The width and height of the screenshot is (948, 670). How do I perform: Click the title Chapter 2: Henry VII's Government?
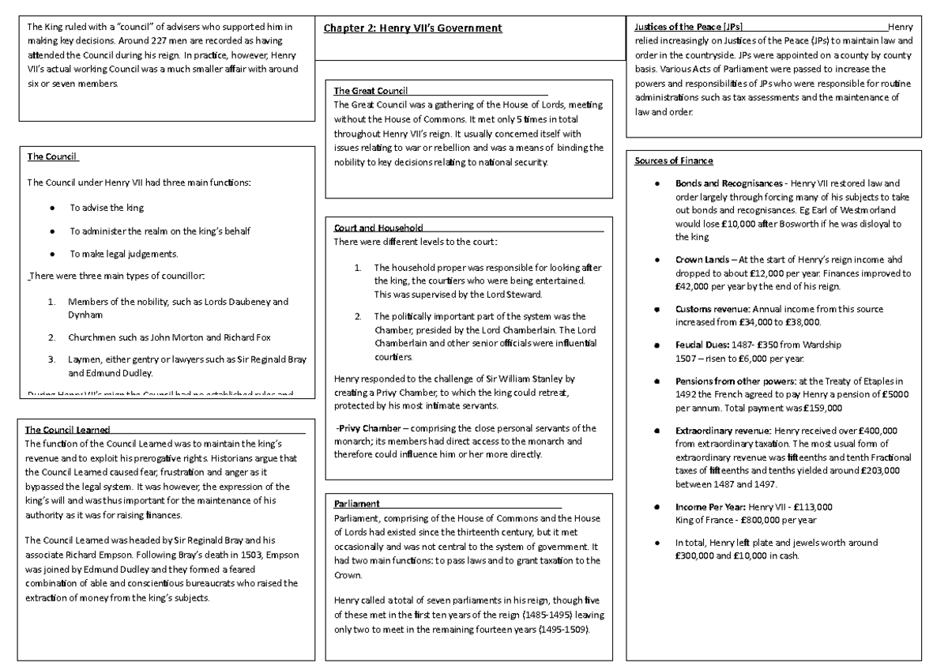pos(412,28)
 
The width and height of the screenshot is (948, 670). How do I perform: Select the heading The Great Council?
pos(369,90)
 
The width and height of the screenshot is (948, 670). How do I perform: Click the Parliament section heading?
pos(357,503)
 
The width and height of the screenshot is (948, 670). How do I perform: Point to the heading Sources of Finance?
pos(674,161)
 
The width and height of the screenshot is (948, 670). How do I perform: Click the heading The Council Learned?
pos(67,430)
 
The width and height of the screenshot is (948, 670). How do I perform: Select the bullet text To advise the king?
pos(107,207)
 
